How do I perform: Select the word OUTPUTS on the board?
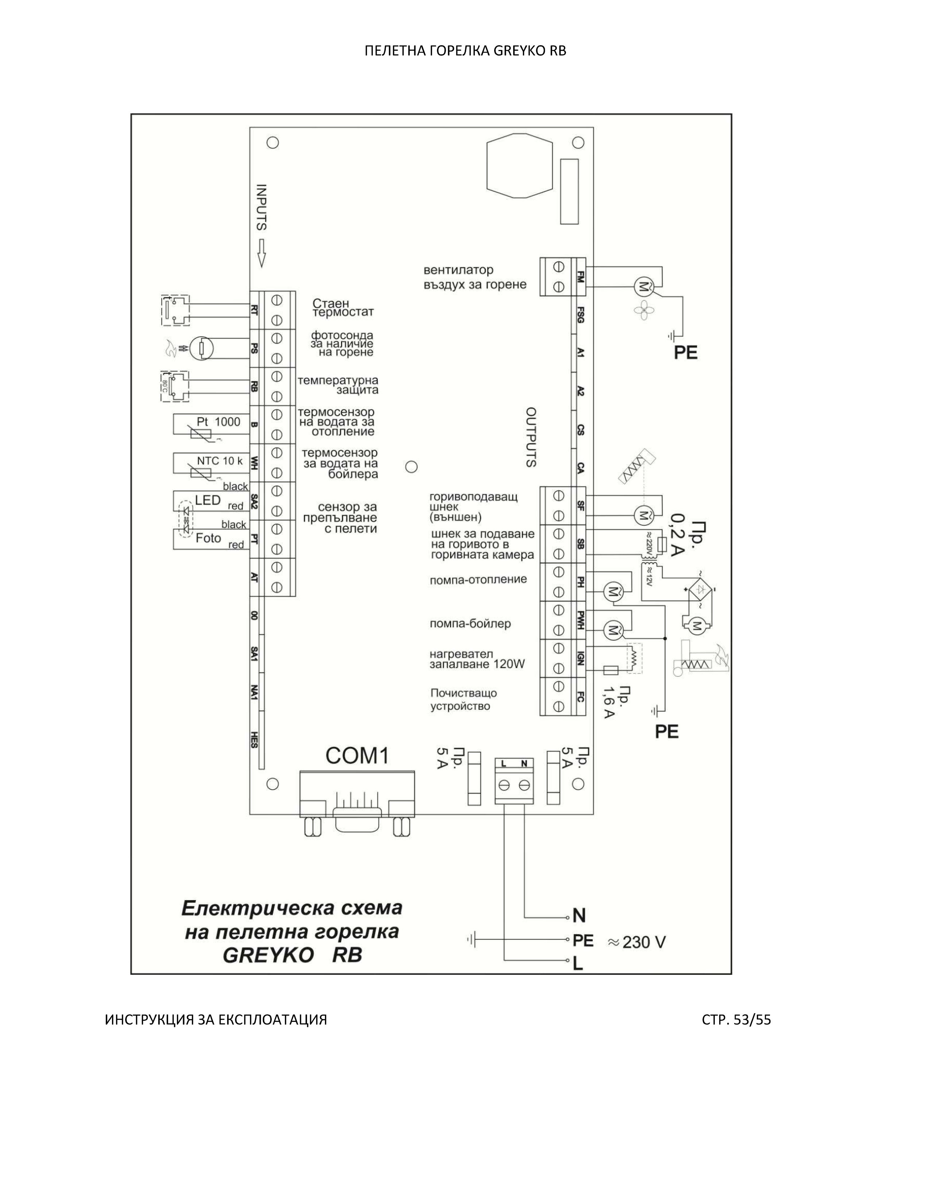coord(531,437)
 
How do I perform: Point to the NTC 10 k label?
coord(220,461)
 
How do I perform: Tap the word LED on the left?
coord(208,500)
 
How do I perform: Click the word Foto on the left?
coord(208,538)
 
